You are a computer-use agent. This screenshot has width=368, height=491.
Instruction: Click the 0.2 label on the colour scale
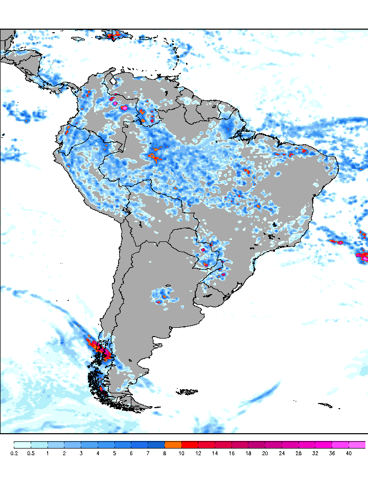14,453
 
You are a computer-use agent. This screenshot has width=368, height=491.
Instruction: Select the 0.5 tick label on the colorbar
31,453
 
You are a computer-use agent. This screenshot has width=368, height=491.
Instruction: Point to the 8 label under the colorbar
165,453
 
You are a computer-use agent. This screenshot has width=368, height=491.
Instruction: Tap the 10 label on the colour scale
182,453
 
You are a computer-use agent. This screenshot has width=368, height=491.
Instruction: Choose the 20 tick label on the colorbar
265,453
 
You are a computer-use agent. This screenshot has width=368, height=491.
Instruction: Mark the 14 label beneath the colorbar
215,453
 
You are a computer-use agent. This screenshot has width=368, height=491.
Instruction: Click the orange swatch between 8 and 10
173,444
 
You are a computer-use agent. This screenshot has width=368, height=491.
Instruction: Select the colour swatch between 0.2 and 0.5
22,444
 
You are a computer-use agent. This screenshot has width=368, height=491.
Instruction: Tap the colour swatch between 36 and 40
340,444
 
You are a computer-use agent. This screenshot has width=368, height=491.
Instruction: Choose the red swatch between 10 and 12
190,444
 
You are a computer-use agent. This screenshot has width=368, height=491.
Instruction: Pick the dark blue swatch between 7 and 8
156,444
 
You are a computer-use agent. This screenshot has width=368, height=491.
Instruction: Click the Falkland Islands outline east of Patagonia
188,392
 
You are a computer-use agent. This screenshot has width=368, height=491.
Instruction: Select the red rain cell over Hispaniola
115,35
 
